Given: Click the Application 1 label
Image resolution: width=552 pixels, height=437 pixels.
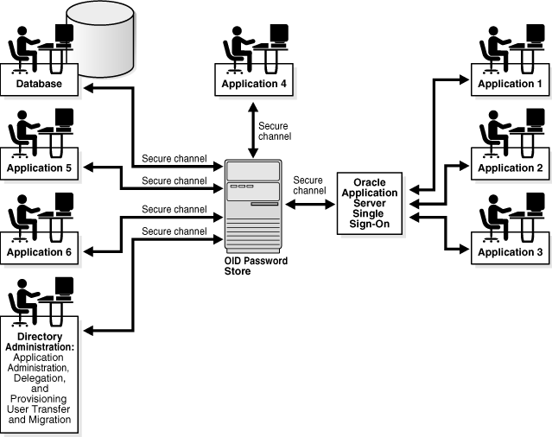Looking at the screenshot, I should point(510,84).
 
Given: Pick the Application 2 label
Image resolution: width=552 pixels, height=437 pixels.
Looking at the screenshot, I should point(510,168).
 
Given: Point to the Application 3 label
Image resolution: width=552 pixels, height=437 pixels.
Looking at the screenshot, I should point(510,252).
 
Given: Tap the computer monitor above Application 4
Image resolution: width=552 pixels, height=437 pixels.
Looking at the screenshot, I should point(278,33).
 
